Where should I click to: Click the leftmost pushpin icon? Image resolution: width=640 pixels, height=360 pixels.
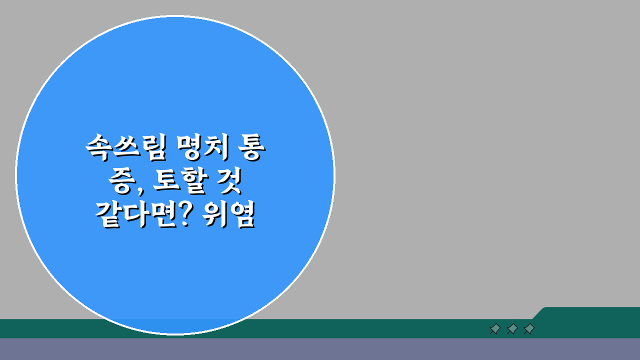(495, 329)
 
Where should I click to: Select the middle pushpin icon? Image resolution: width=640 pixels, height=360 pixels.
(512, 329)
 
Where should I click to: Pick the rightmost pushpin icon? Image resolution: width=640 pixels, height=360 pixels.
(529, 329)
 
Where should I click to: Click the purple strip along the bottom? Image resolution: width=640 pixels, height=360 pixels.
(320, 349)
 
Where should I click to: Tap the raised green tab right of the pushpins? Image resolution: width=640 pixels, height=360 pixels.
(590, 314)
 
